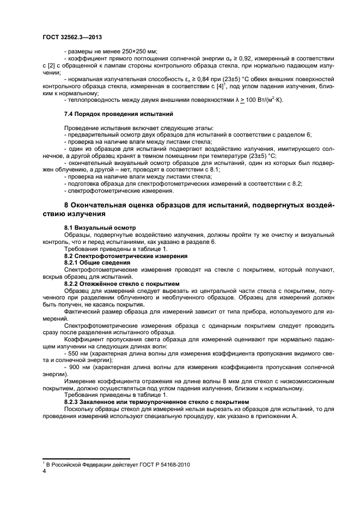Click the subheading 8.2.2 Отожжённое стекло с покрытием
click(121, 283)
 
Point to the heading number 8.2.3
click(74, 401)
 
